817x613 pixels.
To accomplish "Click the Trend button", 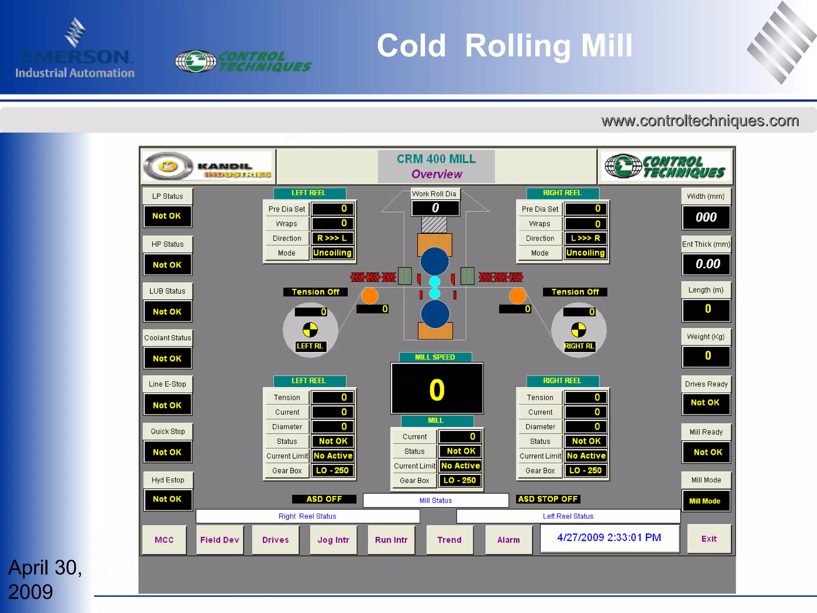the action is pyautogui.click(x=450, y=540).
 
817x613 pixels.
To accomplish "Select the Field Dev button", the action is pyautogui.click(x=220, y=540).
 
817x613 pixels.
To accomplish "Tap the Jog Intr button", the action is pyautogui.click(x=334, y=540).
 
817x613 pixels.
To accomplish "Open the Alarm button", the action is pyautogui.click(x=509, y=540).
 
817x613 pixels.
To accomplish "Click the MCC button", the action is pyautogui.click(x=164, y=540).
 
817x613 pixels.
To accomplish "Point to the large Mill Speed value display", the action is pyautogui.click(x=437, y=389).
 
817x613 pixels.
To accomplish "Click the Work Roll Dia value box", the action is pyautogui.click(x=435, y=208).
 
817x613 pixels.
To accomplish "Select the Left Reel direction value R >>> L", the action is pyautogui.click(x=332, y=238).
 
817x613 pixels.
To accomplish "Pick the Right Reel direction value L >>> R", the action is pyautogui.click(x=586, y=238).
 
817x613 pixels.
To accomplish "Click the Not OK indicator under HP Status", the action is pyautogui.click(x=167, y=265).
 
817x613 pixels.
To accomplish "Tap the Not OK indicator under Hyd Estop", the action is pyautogui.click(x=167, y=499).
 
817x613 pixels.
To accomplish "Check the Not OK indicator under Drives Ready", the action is pyautogui.click(x=706, y=403).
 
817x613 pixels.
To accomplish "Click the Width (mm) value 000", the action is pyautogui.click(x=706, y=218).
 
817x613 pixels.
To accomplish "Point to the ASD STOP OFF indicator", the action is pyautogui.click(x=548, y=499).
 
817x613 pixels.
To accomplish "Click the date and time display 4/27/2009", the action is pyautogui.click(x=609, y=538).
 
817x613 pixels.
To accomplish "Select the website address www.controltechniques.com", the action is pyautogui.click(x=700, y=121).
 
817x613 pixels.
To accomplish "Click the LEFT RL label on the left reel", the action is pyautogui.click(x=310, y=346).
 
